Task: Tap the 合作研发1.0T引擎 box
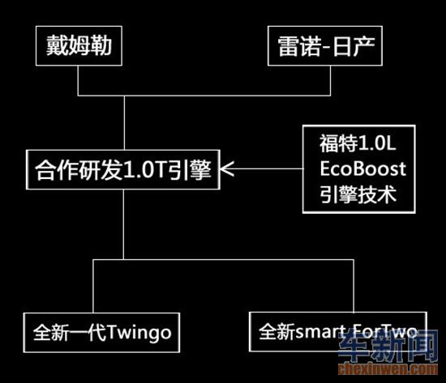pyautogui.click(x=123, y=169)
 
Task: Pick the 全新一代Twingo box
pyautogui.click(x=101, y=333)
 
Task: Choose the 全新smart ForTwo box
pyautogui.click(x=338, y=332)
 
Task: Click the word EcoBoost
pyautogui.click(x=362, y=168)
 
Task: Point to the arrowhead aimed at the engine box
pyautogui.click(x=227, y=168)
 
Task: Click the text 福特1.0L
pyautogui.click(x=358, y=143)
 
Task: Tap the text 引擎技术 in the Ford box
pyautogui.click(x=358, y=194)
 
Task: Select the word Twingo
pyautogui.click(x=139, y=333)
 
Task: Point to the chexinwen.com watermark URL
pyautogui.click(x=388, y=369)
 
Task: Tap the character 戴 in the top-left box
pyautogui.click(x=57, y=45)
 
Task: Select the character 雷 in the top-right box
pyautogui.click(x=289, y=46)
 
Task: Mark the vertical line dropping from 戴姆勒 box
pyautogui.click(x=78, y=81)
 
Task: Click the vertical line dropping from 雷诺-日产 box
pyautogui.click(x=330, y=81)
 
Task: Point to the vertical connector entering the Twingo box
pyautogui.click(x=93, y=286)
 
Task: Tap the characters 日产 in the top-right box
pyautogui.click(x=354, y=46)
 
